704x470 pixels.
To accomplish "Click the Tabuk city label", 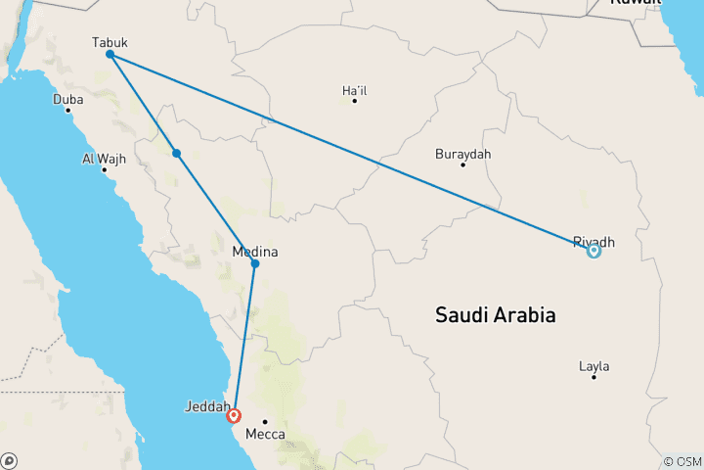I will click(110, 42).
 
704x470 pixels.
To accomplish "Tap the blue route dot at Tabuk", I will click(110, 55).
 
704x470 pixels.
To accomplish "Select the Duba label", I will click(68, 99).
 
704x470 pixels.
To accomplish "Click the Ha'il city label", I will click(354, 90).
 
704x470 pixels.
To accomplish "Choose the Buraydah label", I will click(462, 154).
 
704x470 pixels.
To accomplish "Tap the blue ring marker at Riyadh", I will click(594, 251).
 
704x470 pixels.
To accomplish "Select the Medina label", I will click(255, 252).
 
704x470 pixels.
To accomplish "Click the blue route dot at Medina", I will click(255, 263).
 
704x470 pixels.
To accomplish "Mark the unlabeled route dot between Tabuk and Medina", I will click(176, 153).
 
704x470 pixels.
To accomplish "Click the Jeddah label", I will click(208, 405).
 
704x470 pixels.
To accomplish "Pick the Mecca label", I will click(265, 434).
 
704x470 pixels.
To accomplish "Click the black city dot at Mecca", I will click(265, 422).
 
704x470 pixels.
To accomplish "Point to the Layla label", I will click(594, 366).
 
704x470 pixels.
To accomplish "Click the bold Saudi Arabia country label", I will click(495, 315).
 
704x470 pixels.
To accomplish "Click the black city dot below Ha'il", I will click(354, 101).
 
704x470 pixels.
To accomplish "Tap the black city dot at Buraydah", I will click(462, 164).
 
